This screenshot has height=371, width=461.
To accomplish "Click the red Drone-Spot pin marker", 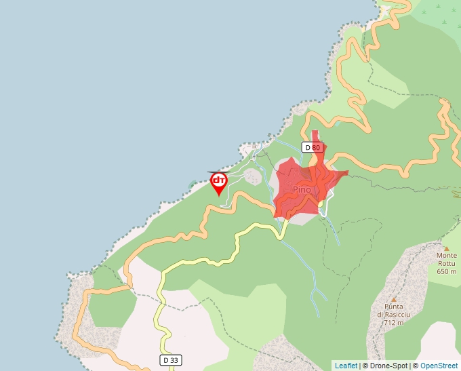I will point(218,183).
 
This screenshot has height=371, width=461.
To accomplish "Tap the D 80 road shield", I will point(312,147).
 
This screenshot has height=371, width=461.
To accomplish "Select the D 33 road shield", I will point(171,360).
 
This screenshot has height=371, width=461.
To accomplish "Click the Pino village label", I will point(302,189).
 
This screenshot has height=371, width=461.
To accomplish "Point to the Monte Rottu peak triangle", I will point(446,248).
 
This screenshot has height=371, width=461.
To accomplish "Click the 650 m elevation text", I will point(446,271).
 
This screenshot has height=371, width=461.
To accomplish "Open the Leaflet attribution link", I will point(346,366).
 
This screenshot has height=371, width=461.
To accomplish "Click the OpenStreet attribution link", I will point(440,366).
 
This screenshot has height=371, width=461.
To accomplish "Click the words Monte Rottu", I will point(446,260).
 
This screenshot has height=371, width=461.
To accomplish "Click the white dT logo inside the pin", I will point(218,180).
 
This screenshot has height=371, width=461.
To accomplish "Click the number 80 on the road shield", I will point(315,147).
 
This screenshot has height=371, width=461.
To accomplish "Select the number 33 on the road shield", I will point(174,360).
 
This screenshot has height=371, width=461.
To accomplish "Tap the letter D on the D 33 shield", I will point(165,360).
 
